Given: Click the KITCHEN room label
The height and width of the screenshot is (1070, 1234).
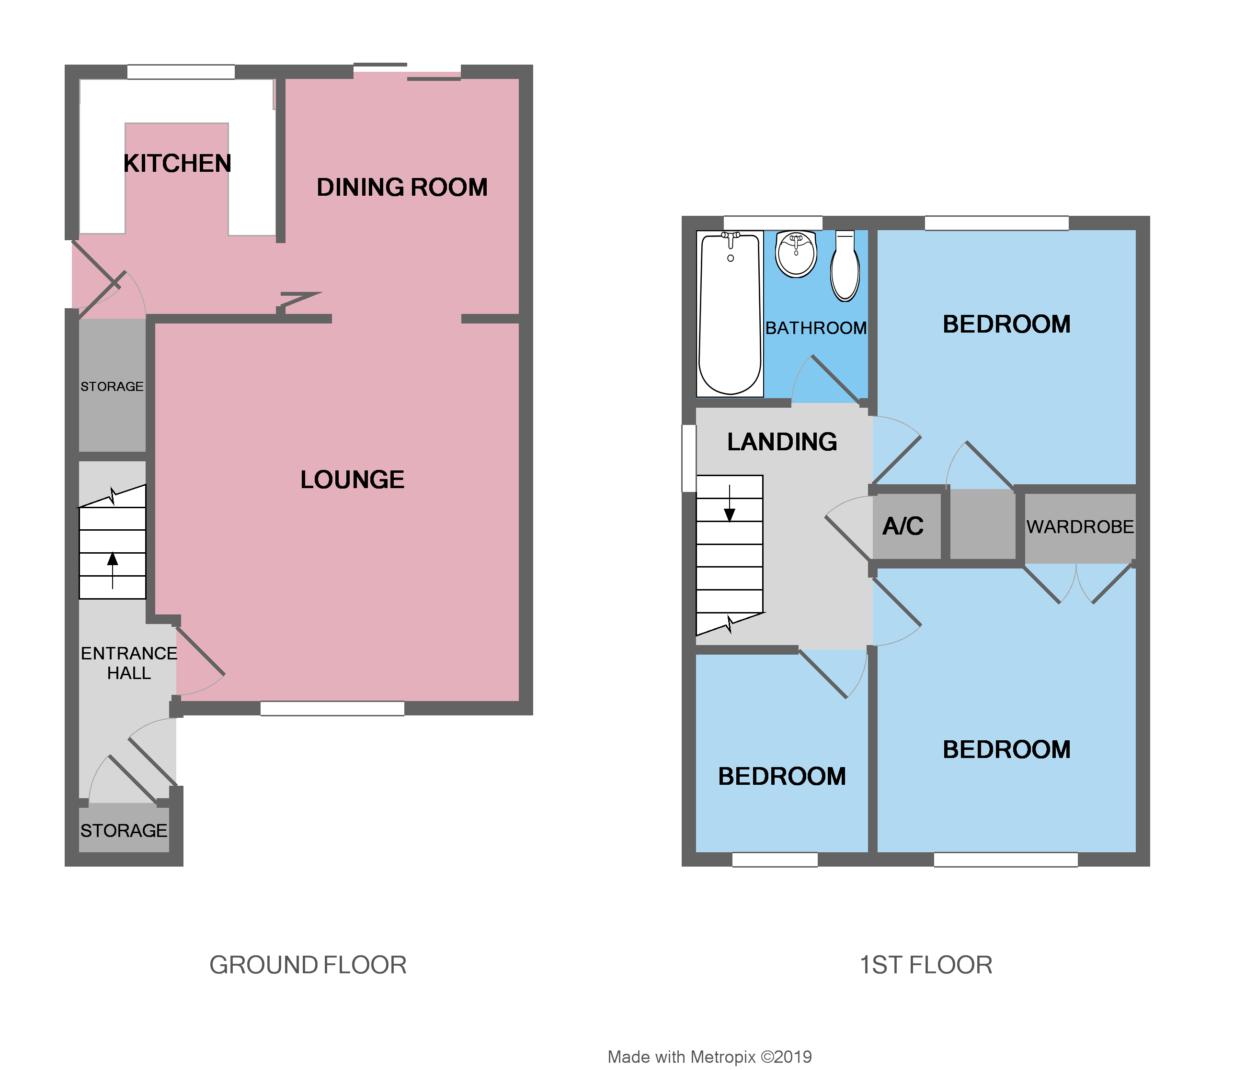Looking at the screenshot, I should point(177,164).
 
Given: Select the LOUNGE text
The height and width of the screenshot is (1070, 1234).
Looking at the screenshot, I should point(352,479).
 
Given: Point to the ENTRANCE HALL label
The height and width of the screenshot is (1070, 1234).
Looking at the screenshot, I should point(128,663).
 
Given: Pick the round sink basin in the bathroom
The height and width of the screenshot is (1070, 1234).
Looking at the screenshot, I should point(796,254).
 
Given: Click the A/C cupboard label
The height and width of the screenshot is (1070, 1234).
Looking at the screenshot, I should point(903,526).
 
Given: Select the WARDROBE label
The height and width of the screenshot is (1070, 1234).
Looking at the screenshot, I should point(1080,527).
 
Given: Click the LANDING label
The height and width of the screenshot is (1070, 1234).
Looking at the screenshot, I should point(782,442).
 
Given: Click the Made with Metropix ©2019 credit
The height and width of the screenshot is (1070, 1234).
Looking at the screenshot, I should point(709,1057).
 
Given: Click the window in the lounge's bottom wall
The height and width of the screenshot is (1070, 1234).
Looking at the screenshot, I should point(332,708).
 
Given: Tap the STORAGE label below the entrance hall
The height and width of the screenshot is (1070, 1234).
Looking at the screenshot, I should point(124,831).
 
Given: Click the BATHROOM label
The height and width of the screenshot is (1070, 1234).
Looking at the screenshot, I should point(816,328).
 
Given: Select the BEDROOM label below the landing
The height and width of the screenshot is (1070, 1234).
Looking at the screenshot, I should point(782,776).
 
